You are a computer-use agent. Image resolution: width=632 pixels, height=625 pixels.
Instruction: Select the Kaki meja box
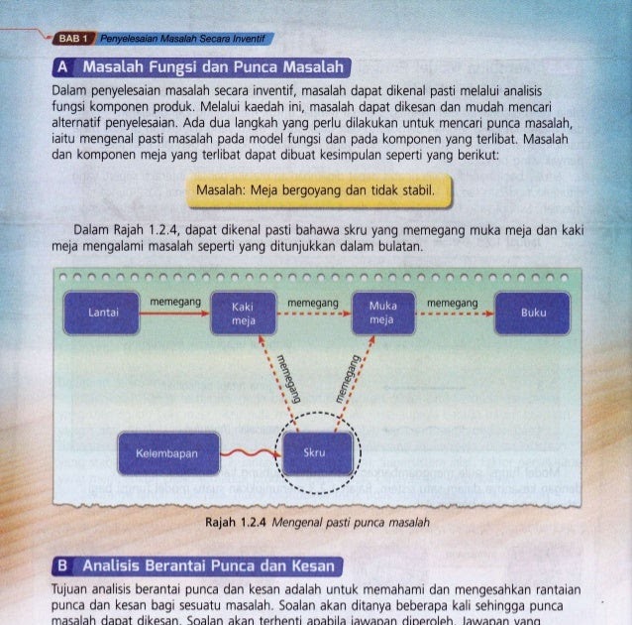point(236,313)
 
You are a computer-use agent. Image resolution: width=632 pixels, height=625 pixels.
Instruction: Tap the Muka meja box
point(381,313)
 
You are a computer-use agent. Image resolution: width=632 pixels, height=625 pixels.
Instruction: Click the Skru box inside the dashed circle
point(316,453)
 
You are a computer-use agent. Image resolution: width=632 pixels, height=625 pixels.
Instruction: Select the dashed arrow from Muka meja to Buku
point(453,312)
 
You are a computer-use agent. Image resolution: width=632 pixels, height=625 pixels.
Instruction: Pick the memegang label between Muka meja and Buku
point(452,300)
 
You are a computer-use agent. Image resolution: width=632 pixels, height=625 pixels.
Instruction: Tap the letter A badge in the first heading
point(63,68)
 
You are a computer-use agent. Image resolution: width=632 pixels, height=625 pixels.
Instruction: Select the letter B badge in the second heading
point(63,566)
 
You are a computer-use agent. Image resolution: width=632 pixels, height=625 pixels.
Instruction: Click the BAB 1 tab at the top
point(72,39)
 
